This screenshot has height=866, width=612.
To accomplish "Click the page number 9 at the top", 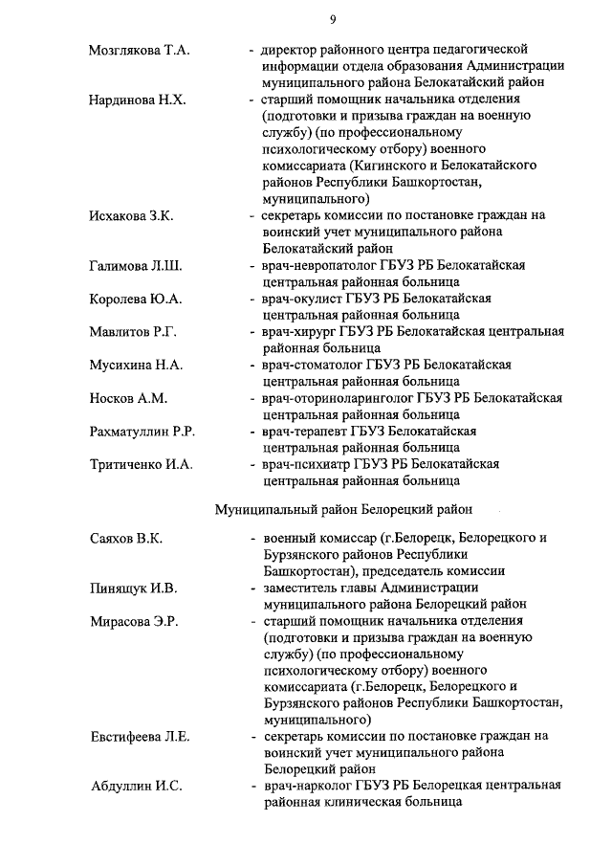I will tap(332, 18).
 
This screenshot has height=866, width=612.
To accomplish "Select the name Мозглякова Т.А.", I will tap(139, 50).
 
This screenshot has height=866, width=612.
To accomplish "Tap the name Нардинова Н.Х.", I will tap(136, 100).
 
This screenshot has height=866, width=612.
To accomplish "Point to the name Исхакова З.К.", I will tap(131, 215).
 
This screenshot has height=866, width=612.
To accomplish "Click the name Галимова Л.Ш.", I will tap(135, 265).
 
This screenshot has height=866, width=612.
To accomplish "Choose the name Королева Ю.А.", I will tap(135, 299).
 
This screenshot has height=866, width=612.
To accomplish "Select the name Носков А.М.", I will tap(126, 398).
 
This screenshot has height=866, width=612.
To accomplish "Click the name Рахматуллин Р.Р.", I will tap(142, 432).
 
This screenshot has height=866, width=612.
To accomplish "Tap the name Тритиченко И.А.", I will tap(141, 465).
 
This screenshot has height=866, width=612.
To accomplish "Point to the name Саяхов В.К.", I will tap(125, 538).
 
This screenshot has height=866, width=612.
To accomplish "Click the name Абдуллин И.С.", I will tap(135, 787).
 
